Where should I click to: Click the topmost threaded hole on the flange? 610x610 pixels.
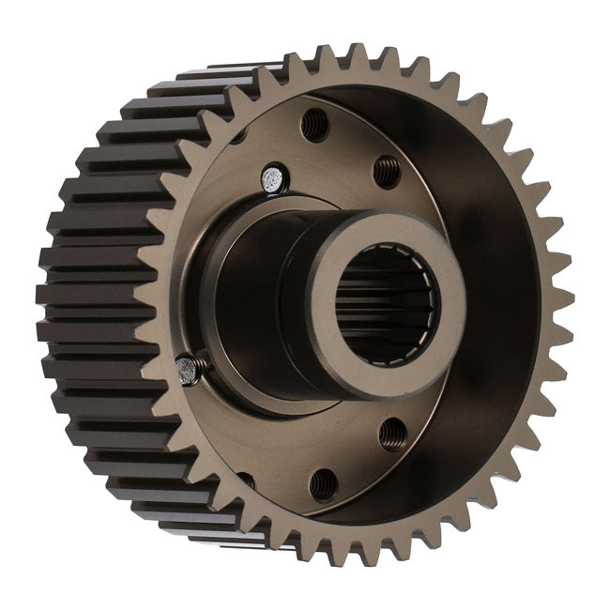click(314, 124)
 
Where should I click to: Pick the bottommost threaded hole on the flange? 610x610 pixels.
click(323, 484)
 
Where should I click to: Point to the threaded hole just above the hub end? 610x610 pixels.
click(387, 170)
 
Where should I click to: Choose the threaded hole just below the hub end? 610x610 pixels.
click(393, 433)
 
